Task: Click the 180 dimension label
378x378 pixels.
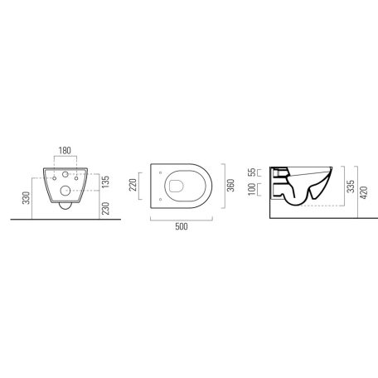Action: tap(65, 150)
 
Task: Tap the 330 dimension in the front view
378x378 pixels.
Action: tap(27, 198)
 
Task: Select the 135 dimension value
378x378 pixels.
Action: tap(105, 182)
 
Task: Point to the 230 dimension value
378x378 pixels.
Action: tap(105, 208)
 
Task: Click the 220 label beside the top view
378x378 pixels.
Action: tap(133, 185)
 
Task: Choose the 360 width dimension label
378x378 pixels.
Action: tap(230, 186)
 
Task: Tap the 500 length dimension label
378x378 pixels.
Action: tap(182, 226)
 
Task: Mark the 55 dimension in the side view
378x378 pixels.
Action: tap(252, 172)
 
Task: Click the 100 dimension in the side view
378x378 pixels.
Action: tap(252, 189)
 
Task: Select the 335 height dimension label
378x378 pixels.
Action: tap(351, 187)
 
